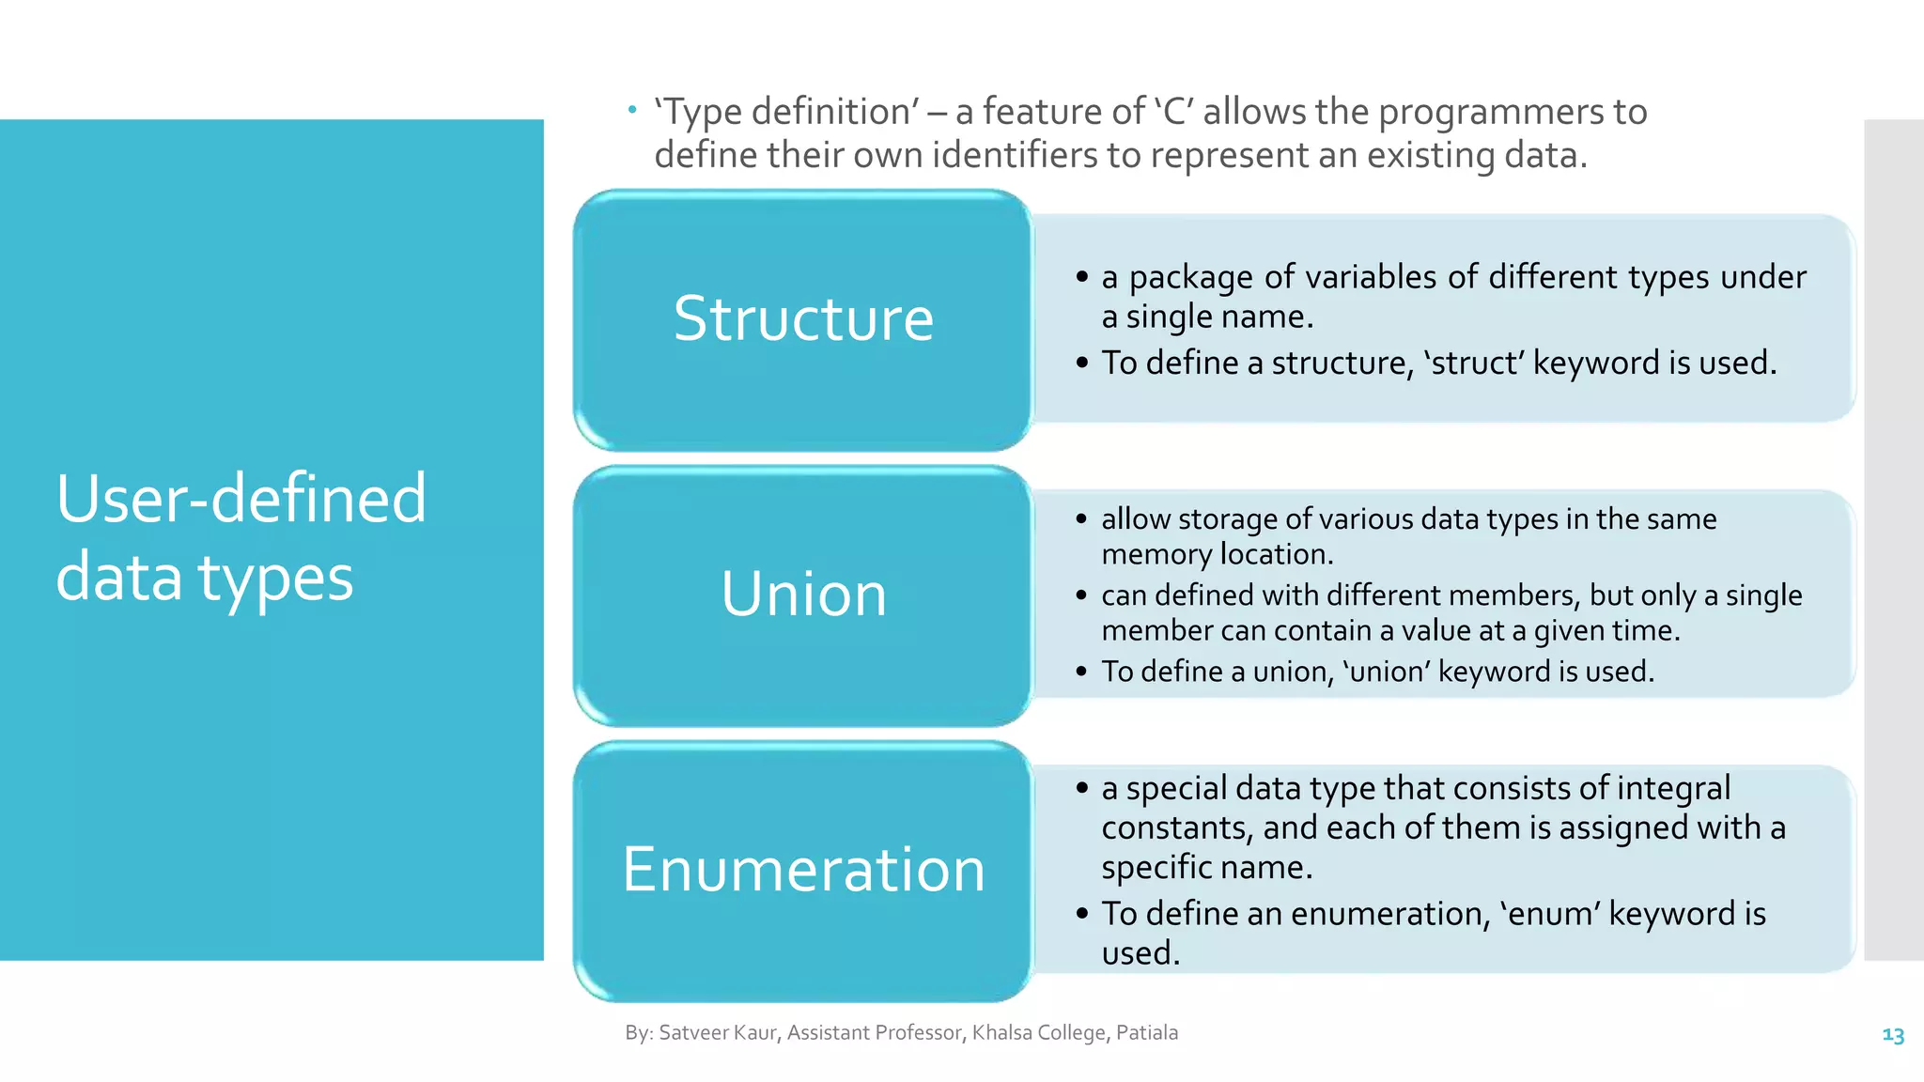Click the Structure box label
pos(803,318)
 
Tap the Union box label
pos(803,595)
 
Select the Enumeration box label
pos(803,870)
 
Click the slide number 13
pos(1892,1035)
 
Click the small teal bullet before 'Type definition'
pos(632,110)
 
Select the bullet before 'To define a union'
pos(1081,672)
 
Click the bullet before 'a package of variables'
pos(1082,277)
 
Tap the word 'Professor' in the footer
pos(919,1032)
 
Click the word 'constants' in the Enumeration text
pos(1176,827)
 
